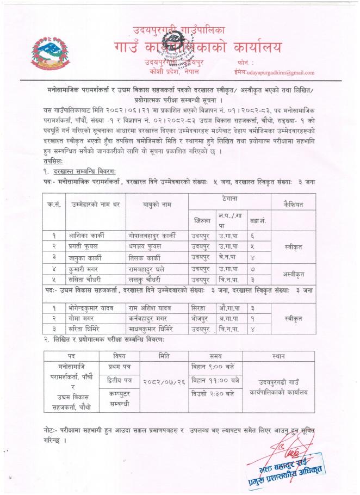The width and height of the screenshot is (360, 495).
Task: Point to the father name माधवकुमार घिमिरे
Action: click(156, 329)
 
